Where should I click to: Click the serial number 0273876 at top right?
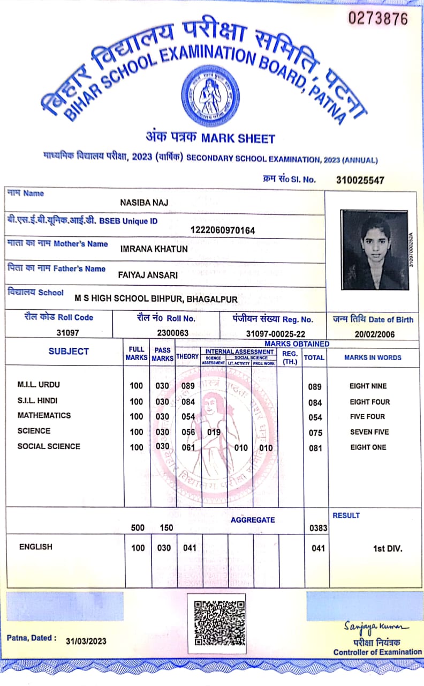pos(378,19)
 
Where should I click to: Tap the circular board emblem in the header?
pos(210,95)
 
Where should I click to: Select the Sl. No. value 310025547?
pos(360,180)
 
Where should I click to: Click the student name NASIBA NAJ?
pos(145,202)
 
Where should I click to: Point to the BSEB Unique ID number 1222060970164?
pos(223,230)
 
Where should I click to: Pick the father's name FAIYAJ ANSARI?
pos(148,275)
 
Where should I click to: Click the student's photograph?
pos(374,250)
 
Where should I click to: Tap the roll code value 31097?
pos(67,332)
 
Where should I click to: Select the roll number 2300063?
pos(172,332)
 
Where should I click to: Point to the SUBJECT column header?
pos(69,352)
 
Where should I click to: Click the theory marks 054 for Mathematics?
pos(187,416)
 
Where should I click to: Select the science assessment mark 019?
pos(214,432)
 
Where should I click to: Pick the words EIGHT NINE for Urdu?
pos(368,386)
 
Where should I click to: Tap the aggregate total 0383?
pos(319,528)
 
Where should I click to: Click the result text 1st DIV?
pos(388,548)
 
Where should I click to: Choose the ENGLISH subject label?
pos(36,547)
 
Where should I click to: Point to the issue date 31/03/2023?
pos(86,641)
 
